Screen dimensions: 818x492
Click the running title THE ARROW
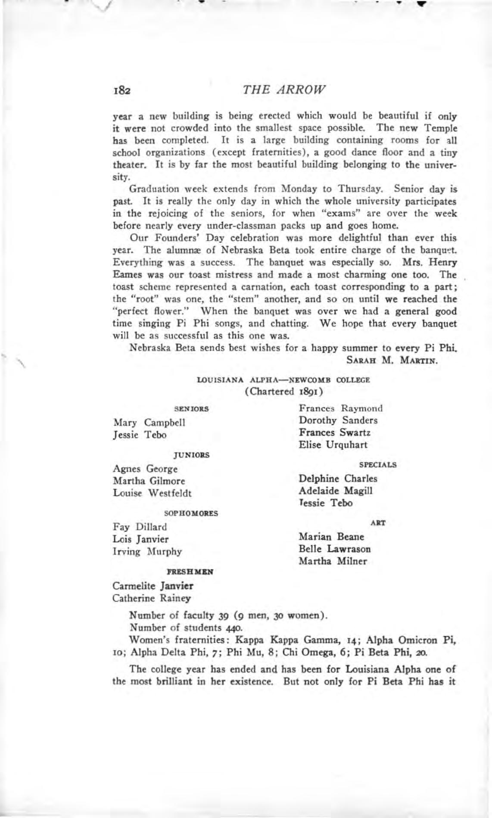pos(284,90)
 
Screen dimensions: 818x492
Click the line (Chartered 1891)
pos(284,392)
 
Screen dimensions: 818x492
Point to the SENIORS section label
pos(191,409)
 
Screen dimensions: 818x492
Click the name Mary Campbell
pos(149,423)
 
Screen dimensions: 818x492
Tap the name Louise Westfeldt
pos(152,493)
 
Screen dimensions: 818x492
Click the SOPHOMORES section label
pos(191,513)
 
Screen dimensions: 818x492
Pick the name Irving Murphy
pos(147,552)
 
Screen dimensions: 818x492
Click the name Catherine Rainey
pos(151,598)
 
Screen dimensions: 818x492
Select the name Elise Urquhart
pos(333,445)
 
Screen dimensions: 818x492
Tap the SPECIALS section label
pos(377,465)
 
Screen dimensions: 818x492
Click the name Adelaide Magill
pos(336,491)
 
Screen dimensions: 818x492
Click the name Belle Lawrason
pos(335,549)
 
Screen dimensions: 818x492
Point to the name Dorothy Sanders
pos(338,420)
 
